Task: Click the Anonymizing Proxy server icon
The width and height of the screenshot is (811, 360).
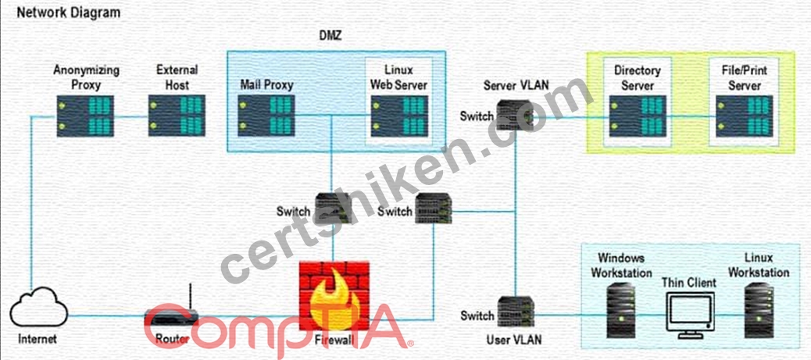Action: click(x=85, y=116)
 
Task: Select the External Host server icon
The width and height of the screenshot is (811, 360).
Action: click(x=177, y=116)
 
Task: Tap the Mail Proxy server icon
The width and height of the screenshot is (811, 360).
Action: click(x=266, y=116)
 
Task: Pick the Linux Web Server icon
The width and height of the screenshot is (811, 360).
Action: click(x=398, y=116)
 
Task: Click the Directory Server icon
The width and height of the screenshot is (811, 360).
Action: click(x=638, y=116)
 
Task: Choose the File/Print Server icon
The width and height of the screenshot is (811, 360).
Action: click(x=745, y=116)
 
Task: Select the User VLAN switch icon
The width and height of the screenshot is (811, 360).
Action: click(x=516, y=312)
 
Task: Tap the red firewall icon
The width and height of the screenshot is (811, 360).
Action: click(x=334, y=295)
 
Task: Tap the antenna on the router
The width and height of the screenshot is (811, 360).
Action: click(x=191, y=297)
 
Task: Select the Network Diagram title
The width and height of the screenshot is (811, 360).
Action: click(x=69, y=12)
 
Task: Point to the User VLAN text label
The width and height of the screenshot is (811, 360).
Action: click(x=515, y=340)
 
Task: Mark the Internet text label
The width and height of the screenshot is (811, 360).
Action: click(x=38, y=340)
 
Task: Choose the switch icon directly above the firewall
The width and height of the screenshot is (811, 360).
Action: click(x=333, y=208)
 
